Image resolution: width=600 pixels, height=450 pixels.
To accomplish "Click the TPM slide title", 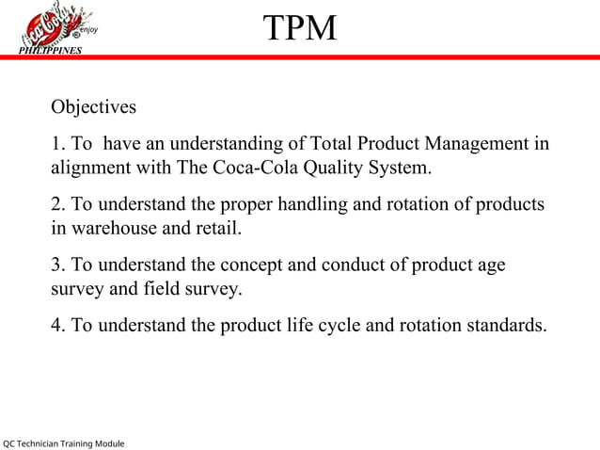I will coord(299,28).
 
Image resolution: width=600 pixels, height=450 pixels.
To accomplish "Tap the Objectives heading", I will coord(93,106).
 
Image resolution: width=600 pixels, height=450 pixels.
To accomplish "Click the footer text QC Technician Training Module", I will coord(63,442).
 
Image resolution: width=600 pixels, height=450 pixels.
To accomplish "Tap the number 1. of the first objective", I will coord(58,144).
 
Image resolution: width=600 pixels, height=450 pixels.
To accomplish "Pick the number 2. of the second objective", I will coord(58,204).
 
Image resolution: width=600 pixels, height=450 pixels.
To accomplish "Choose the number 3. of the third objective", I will coord(58,265).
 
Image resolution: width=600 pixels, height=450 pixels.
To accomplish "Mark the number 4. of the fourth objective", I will coord(58,326).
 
